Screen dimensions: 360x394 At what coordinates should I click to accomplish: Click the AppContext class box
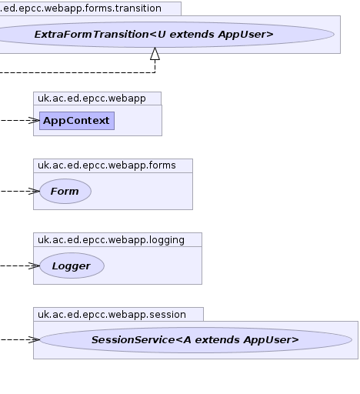77,121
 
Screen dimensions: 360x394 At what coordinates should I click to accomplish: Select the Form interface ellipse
65,191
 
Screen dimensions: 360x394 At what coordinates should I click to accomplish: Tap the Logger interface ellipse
72,265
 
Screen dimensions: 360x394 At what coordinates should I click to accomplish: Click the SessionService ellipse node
195,339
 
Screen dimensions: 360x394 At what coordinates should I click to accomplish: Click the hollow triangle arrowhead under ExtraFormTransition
155,54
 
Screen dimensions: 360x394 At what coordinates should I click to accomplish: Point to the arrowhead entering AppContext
35,121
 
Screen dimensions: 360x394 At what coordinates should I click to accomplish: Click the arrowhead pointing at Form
35,191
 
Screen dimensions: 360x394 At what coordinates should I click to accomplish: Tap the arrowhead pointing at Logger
35,265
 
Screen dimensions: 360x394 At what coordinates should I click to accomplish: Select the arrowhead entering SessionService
35,339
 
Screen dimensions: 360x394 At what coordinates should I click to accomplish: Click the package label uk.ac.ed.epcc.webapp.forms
107,165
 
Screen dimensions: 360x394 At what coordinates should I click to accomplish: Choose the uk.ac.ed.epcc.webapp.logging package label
111,240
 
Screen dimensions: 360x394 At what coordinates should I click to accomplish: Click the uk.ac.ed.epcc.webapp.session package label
112,315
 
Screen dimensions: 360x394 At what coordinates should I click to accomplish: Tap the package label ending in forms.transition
81,8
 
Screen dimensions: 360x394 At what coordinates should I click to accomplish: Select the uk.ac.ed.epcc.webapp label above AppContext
92,98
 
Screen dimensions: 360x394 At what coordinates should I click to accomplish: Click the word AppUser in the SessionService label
272,340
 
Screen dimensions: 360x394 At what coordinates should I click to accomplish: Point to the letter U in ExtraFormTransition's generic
162,35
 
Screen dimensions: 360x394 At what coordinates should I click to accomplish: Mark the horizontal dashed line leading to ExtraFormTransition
78,72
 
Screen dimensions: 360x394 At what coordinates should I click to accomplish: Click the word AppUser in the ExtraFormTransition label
246,35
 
